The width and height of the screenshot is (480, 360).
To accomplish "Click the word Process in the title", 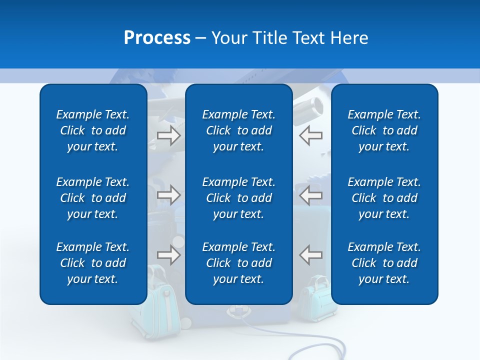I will pos(157,38).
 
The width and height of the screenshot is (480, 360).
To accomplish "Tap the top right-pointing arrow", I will pos(169,135).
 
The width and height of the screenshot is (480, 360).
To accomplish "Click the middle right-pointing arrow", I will pos(169,195).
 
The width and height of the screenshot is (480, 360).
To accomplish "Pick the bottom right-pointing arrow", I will pos(169,255).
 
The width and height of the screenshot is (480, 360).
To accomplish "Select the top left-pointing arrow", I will pos(310,135).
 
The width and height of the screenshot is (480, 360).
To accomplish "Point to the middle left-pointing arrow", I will pos(310,195).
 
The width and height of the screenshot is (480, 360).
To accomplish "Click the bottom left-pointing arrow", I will pos(310,255).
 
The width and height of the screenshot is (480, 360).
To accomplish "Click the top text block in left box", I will pos(93,130).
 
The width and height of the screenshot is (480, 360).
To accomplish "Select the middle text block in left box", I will pos(93,198).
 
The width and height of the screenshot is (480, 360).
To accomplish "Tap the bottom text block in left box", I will pos(93,263).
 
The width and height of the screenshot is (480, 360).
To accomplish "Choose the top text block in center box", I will pos(238,130).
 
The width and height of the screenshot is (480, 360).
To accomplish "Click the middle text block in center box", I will pos(238,198).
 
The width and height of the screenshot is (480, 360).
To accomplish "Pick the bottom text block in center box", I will pos(238,263).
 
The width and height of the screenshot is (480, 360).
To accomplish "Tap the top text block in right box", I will pos(384,130).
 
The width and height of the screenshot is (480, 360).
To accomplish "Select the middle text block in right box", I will pos(384,198).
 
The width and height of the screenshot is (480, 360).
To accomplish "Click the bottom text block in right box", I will pos(384,263).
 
